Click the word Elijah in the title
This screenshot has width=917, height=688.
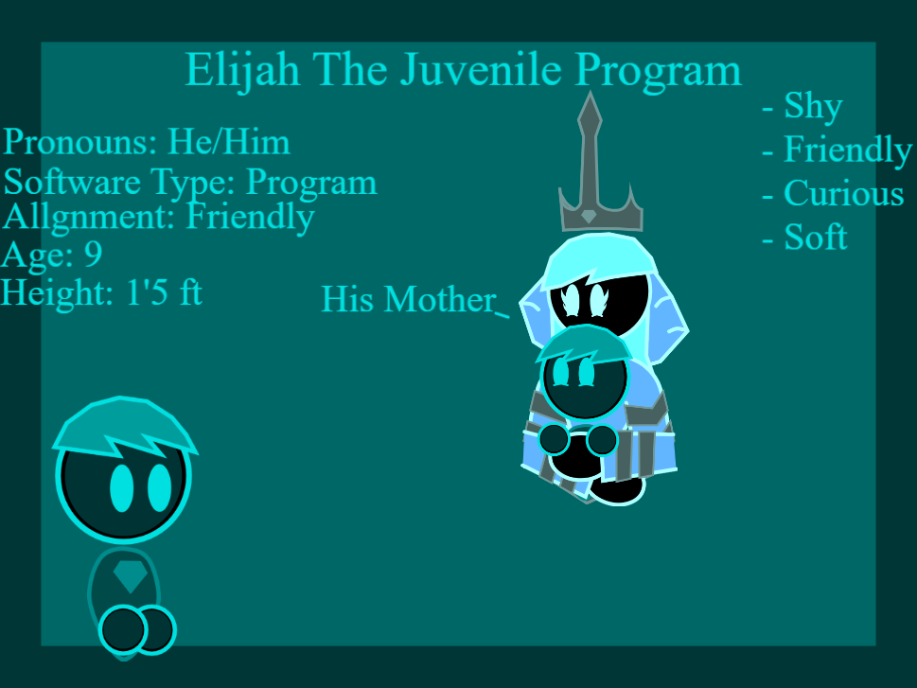pos(242,71)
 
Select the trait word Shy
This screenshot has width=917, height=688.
pos(813,107)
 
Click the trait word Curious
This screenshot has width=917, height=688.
pos(843,193)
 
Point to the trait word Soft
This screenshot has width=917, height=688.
pos(815,238)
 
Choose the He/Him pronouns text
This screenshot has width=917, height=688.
pos(229,142)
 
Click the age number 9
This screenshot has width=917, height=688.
pos(94,254)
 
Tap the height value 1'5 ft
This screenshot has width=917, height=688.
pos(164,291)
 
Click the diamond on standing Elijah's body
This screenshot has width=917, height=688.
pos(130,577)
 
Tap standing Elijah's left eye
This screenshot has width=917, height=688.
pos(122,488)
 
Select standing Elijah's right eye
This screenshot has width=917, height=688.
pos(160,488)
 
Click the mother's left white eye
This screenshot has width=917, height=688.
pos(570,300)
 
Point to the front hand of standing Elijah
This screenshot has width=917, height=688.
pos(123,630)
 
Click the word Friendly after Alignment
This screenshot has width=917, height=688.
pos(250,218)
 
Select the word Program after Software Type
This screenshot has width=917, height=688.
pos(311,183)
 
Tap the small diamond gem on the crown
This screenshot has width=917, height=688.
pos(589,217)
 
